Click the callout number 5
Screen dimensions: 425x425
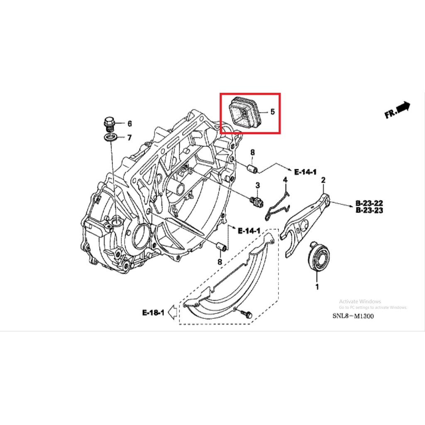click(x=272, y=112)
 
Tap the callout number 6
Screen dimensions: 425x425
click(x=129, y=124)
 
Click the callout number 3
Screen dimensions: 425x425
click(x=257, y=185)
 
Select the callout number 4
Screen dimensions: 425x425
click(x=285, y=180)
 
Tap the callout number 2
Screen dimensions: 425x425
click(x=323, y=180)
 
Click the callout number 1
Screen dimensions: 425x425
click(x=317, y=286)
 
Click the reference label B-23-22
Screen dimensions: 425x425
click(x=369, y=203)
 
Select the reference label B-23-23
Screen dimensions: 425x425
click(x=369, y=211)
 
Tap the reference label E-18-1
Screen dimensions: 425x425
click(x=153, y=313)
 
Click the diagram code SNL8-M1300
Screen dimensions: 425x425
click(x=353, y=316)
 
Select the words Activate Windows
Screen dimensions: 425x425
click(x=360, y=301)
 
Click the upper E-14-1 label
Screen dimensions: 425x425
click(x=305, y=171)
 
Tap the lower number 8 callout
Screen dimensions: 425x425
click(x=220, y=262)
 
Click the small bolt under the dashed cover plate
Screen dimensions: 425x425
click(x=248, y=315)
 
